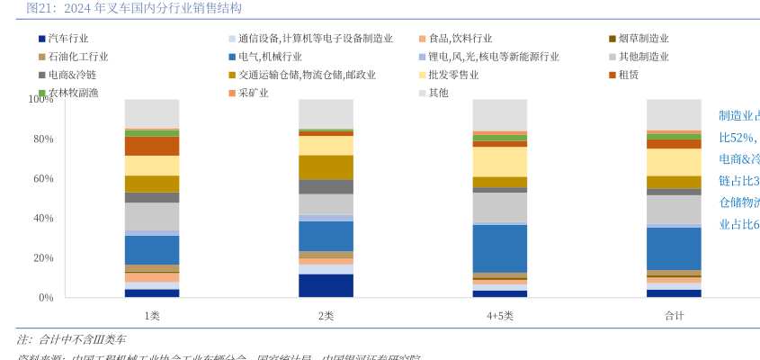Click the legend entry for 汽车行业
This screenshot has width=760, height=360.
coord(67,39)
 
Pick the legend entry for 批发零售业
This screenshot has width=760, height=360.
coord(453,75)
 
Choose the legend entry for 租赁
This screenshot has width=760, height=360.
coord(629,75)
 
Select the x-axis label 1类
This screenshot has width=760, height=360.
coord(152,316)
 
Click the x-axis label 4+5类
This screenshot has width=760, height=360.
coord(500,316)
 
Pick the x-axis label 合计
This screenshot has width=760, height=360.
coord(674,316)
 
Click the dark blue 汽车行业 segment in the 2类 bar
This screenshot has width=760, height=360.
coord(326,285)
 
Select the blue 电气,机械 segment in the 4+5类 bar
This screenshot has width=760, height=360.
coord(500,248)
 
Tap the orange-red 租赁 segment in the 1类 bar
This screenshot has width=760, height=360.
coord(152,146)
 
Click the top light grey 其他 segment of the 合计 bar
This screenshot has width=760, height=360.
coord(674,114)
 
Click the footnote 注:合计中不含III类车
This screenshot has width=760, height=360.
coord(72,339)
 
